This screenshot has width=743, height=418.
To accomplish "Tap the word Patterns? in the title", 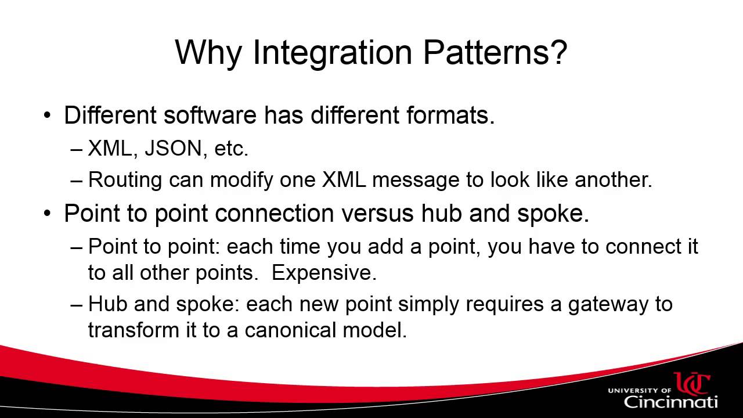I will click(495, 52).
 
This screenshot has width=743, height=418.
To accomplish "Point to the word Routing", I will click(125, 180).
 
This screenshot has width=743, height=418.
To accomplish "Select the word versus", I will click(377, 213).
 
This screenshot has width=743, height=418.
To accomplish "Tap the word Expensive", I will click(324, 273).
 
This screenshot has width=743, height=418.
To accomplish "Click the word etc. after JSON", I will click(231, 149).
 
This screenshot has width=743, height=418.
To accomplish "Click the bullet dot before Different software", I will click(48, 116).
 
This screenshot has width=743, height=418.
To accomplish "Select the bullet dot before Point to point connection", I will click(48, 214).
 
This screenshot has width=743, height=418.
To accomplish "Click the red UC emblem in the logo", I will click(692, 383).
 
